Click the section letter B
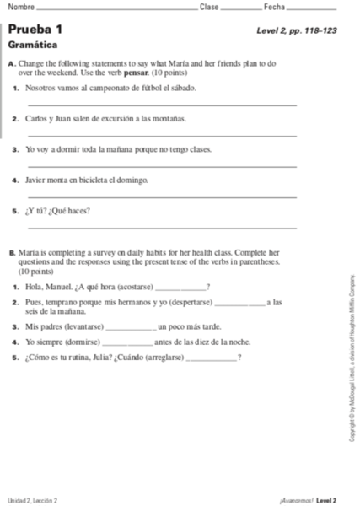(10, 252)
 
